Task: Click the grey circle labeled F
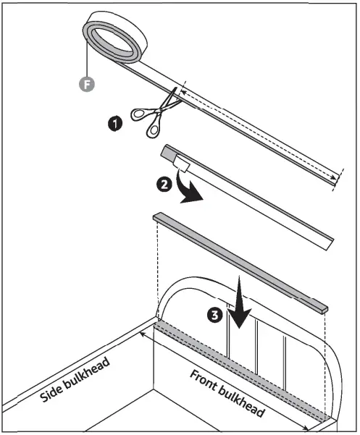(86, 85)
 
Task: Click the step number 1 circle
(114, 124)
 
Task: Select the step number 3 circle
(212, 316)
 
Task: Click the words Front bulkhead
(226, 394)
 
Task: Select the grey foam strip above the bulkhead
(239, 261)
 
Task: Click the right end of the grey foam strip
(323, 308)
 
